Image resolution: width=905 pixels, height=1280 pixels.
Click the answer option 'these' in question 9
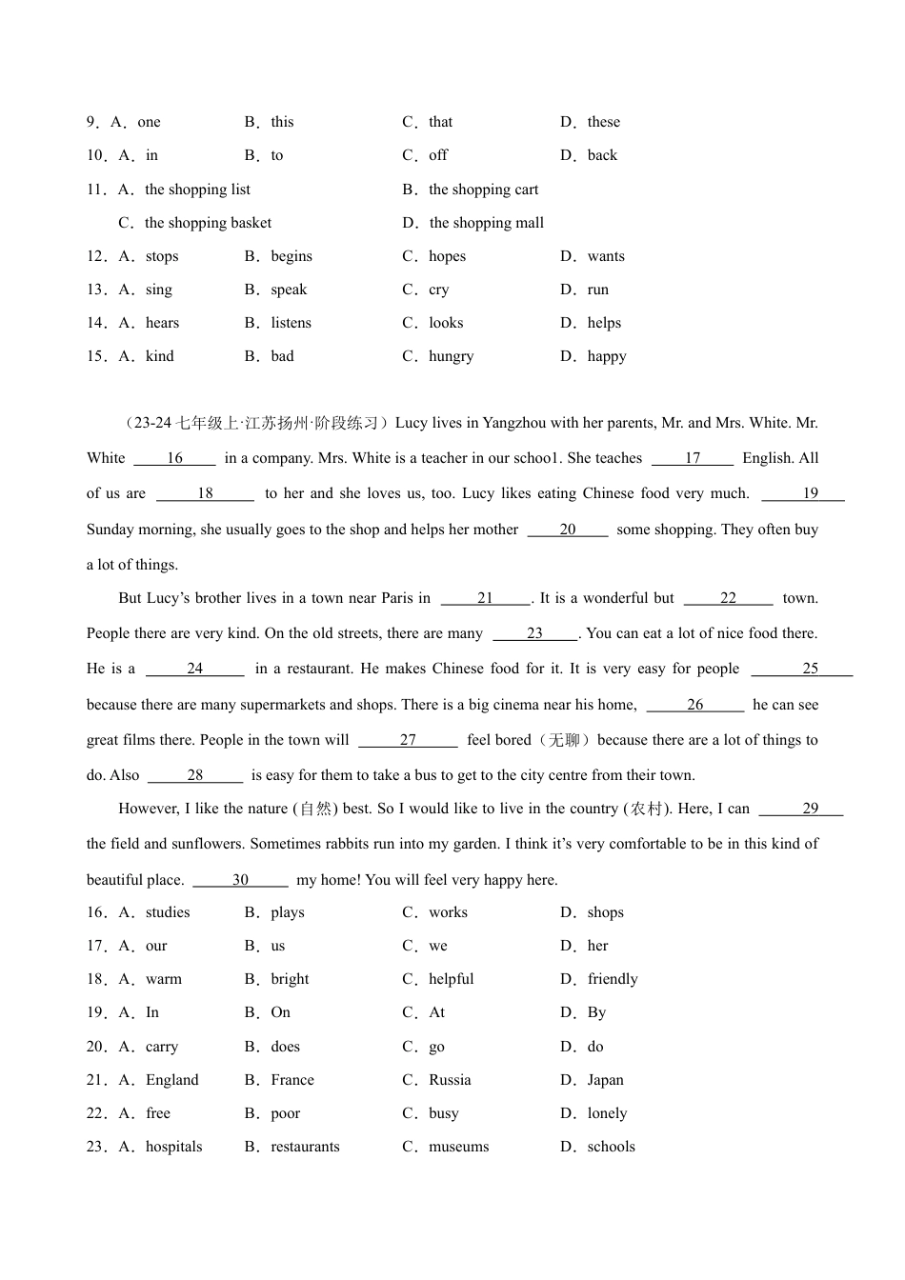[x=603, y=122]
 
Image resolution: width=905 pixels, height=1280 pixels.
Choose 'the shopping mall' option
[x=486, y=223]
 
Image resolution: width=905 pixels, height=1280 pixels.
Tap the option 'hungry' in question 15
[x=451, y=356]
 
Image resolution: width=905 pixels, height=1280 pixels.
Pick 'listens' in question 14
[x=291, y=323]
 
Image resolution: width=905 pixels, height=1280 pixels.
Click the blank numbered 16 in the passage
[x=175, y=458]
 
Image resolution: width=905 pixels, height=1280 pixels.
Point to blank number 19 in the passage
[x=810, y=493]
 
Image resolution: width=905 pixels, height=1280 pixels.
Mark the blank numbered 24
[x=195, y=669]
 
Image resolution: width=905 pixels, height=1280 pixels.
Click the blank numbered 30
[x=240, y=880]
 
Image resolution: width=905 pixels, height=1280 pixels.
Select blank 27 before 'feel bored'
[x=408, y=740]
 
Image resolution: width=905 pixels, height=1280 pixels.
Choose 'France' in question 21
[x=292, y=1080]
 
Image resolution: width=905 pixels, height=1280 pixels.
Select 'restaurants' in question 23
[x=305, y=1147]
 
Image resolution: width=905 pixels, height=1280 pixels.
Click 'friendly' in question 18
[x=612, y=979]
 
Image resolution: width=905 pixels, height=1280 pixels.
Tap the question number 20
[x=95, y=1047]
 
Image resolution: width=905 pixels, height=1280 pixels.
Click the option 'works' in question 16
[x=448, y=912]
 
